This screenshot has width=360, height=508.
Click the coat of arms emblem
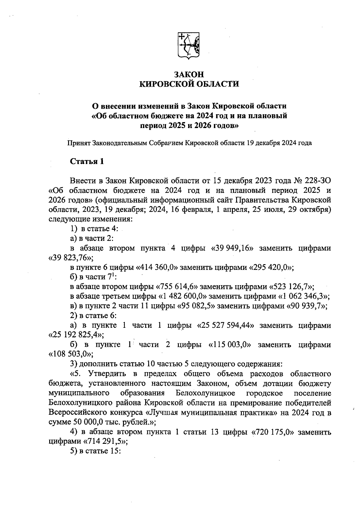[189, 45]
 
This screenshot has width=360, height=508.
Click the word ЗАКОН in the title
[189, 74]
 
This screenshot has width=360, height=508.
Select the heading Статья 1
[87, 162]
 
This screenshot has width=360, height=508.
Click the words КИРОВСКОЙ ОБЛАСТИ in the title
[189, 84]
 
